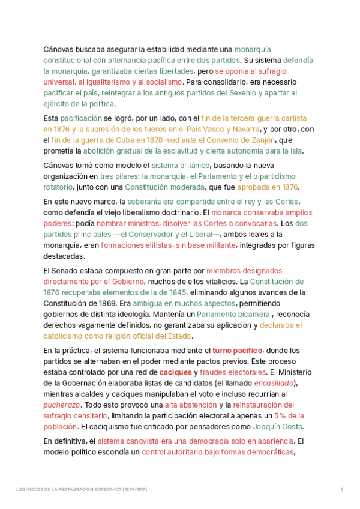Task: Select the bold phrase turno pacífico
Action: (x=238, y=349)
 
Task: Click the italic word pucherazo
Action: (x=61, y=405)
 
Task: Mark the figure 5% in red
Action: (x=281, y=415)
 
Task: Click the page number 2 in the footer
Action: (x=341, y=489)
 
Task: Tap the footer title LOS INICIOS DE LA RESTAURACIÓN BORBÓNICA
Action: (x=82, y=489)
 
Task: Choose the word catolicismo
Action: (x=65, y=336)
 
